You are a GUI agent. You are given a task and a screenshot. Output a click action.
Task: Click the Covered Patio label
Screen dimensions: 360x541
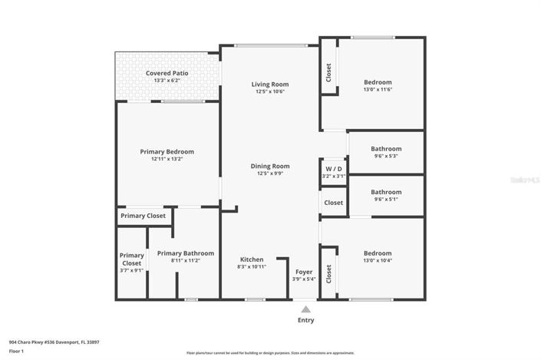[167, 73]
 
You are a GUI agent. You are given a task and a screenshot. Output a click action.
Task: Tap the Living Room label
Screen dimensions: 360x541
[269, 84]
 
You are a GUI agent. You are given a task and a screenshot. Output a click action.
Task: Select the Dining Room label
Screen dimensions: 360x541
[269, 166]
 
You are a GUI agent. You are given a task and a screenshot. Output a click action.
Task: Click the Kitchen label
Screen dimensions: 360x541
[252, 259]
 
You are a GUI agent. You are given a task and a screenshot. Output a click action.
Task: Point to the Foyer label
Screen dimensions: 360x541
[303, 272]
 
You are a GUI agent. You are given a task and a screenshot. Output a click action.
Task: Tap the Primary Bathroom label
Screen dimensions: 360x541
[185, 253]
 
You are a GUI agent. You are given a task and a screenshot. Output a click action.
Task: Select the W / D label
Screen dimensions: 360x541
[333, 168]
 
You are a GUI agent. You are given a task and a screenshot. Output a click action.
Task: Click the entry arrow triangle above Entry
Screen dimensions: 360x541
[305, 309]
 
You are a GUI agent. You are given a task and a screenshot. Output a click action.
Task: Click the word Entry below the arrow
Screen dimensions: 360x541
[305, 320]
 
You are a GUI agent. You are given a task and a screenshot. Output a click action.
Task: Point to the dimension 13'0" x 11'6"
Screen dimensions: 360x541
[378, 90]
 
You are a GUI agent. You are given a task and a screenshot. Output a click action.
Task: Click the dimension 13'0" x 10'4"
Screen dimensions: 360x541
[378, 261]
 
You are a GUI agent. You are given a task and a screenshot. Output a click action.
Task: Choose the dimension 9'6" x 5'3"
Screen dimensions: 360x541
[386, 156]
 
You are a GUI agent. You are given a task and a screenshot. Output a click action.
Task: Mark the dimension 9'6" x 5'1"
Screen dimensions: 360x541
[386, 200]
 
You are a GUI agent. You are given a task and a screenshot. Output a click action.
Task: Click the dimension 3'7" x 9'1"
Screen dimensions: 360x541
[132, 270]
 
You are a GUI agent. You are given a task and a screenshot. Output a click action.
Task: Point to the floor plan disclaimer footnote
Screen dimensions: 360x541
[270, 353]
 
